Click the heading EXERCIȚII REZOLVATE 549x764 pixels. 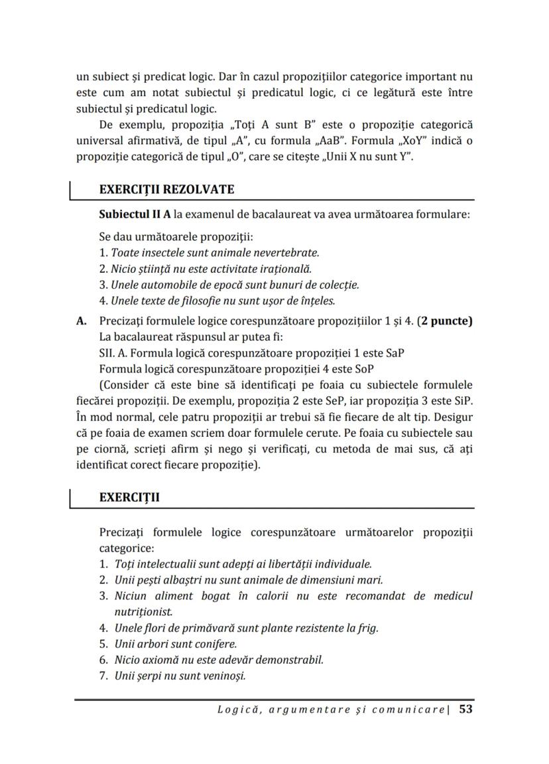(x=166, y=189)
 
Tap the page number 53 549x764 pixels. (x=465, y=709)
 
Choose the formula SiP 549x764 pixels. (x=463, y=402)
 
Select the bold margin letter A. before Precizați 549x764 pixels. (x=82, y=321)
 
